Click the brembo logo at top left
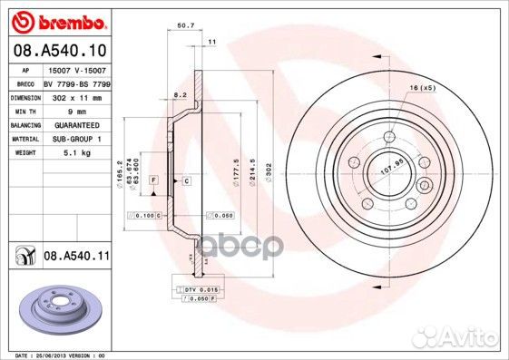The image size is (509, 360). tap(58, 20)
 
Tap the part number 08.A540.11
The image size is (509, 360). tap(76, 257)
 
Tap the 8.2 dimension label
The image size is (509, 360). tap(181, 94)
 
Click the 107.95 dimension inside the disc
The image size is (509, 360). tap(389, 166)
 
